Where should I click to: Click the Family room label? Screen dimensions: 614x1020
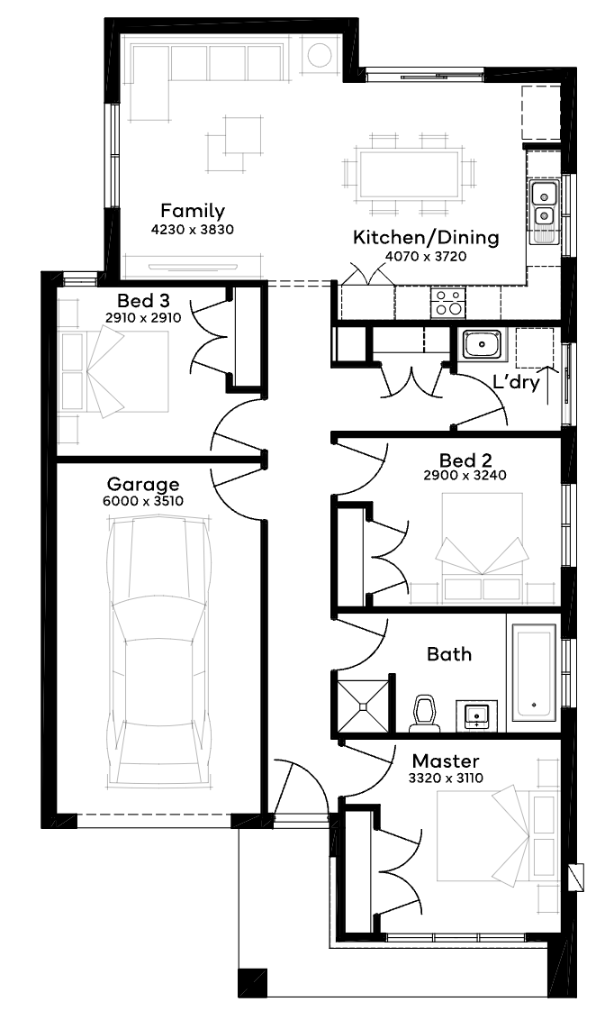(x=193, y=212)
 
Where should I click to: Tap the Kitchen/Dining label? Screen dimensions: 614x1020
(x=426, y=238)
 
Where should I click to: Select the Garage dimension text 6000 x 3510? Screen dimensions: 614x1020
(x=143, y=501)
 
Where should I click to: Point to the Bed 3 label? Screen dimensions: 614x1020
(x=143, y=301)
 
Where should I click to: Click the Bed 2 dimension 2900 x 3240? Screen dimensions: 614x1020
(x=465, y=475)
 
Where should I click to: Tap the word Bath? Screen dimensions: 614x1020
(x=449, y=654)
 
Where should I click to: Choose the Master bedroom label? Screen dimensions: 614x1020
(x=446, y=761)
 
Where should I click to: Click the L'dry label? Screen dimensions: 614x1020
(x=516, y=382)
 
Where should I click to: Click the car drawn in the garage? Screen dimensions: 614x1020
(x=160, y=654)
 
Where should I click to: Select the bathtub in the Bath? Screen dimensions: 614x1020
(x=534, y=672)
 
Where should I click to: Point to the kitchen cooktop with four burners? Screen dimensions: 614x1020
(x=448, y=303)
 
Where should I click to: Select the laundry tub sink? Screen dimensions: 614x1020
(x=482, y=344)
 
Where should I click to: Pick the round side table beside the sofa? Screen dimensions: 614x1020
(x=321, y=55)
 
